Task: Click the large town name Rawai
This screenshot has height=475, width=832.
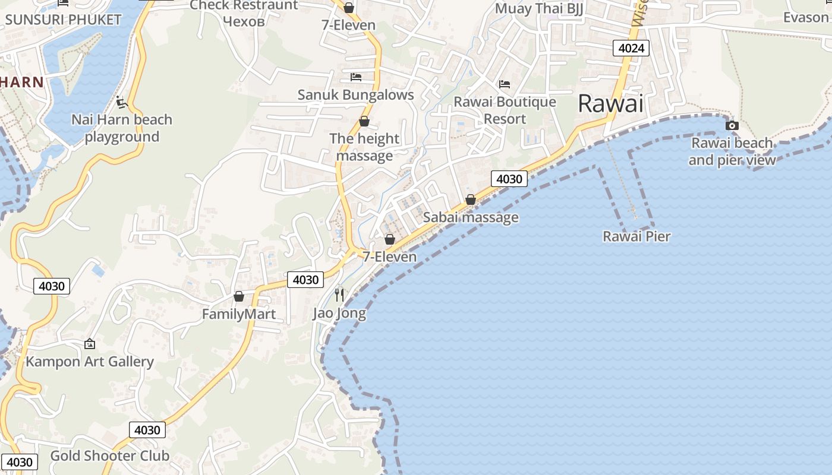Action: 610,104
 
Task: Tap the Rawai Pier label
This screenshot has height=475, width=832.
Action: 636,236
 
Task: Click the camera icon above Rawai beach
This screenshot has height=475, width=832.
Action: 732,125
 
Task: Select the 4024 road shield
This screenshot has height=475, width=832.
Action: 631,48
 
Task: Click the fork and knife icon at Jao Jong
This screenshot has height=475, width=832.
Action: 339,294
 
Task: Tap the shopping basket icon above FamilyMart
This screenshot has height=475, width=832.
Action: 239,296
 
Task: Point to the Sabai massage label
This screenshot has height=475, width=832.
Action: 471,217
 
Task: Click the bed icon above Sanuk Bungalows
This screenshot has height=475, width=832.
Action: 356,77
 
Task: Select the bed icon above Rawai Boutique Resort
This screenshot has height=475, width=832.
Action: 505,84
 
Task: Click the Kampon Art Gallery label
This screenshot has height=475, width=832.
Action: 90,362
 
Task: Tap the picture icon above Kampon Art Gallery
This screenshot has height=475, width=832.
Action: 90,344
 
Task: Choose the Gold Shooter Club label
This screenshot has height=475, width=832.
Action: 110,456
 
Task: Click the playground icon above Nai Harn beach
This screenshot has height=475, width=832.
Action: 122,103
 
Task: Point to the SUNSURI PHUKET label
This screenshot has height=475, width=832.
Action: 63,19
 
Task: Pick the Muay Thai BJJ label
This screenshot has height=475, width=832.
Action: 539,8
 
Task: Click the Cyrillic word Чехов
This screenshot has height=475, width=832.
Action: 243,21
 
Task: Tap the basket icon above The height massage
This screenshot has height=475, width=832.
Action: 364,122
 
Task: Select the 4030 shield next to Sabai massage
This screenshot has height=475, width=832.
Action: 509,179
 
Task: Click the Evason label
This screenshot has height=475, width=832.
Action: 805,17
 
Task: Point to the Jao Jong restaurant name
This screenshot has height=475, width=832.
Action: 339,313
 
